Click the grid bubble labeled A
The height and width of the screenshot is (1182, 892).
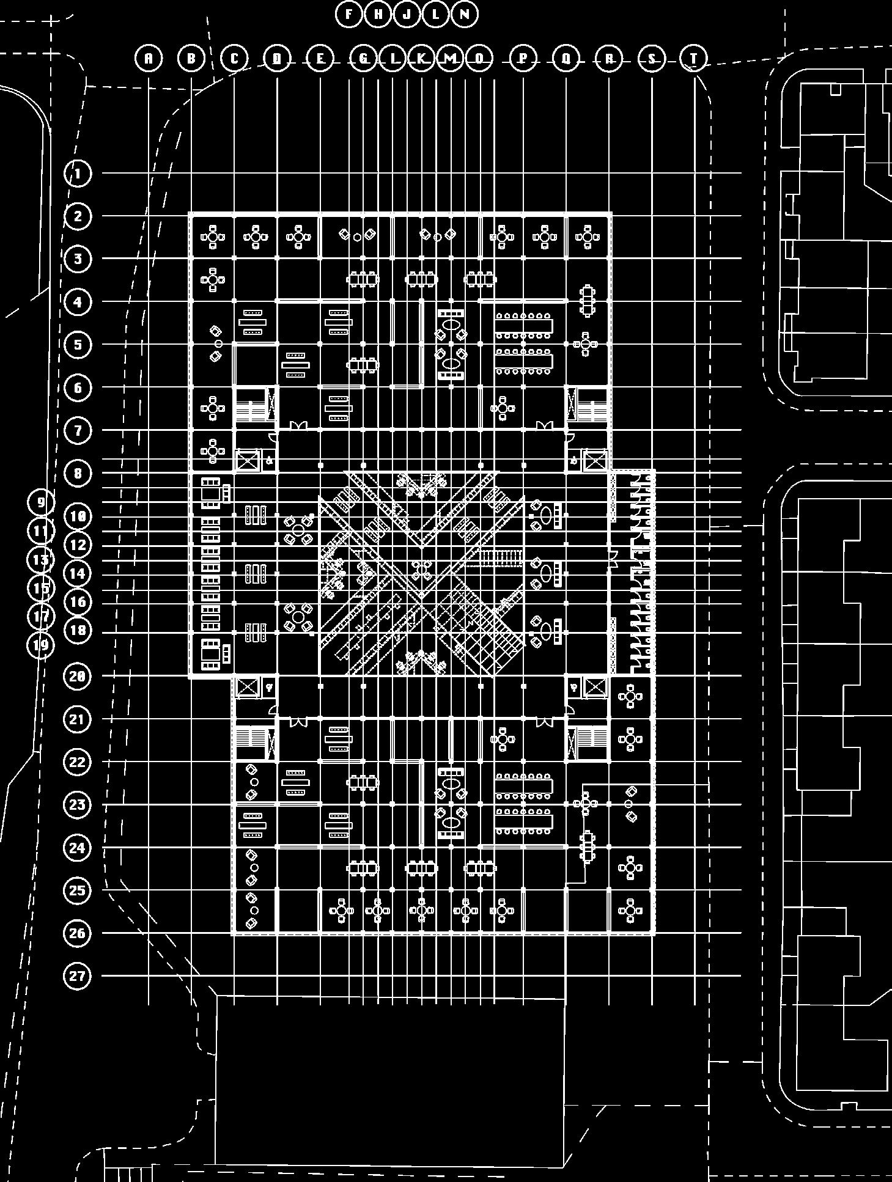[149, 59]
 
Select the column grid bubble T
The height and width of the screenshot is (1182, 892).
[694, 59]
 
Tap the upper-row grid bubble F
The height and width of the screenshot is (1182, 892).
[349, 14]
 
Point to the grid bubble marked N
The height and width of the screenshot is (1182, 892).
[465, 14]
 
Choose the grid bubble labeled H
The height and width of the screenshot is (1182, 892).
[378, 14]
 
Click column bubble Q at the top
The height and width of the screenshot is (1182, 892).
[566, 59]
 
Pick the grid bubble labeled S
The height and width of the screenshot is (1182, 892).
[652, 59]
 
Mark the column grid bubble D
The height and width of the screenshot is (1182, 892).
[278, 59]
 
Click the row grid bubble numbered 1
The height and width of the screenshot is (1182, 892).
[78, 174]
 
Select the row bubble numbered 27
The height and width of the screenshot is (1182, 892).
[77, 975]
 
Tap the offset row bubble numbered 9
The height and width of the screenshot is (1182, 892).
[41, 502]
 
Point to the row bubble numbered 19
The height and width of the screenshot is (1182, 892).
[41, 645]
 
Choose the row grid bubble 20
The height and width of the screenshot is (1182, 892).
[77, 677]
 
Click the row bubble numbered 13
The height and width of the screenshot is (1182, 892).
[41, 560]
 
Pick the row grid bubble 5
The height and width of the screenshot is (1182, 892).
[78, 345]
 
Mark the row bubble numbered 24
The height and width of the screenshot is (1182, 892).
[77, 848]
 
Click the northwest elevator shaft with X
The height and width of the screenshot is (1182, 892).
[248, 460]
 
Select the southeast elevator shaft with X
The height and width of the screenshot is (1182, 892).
[595, 687]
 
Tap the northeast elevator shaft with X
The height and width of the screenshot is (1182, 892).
[595, 460]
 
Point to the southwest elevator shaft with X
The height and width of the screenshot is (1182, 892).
[248, 687]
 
